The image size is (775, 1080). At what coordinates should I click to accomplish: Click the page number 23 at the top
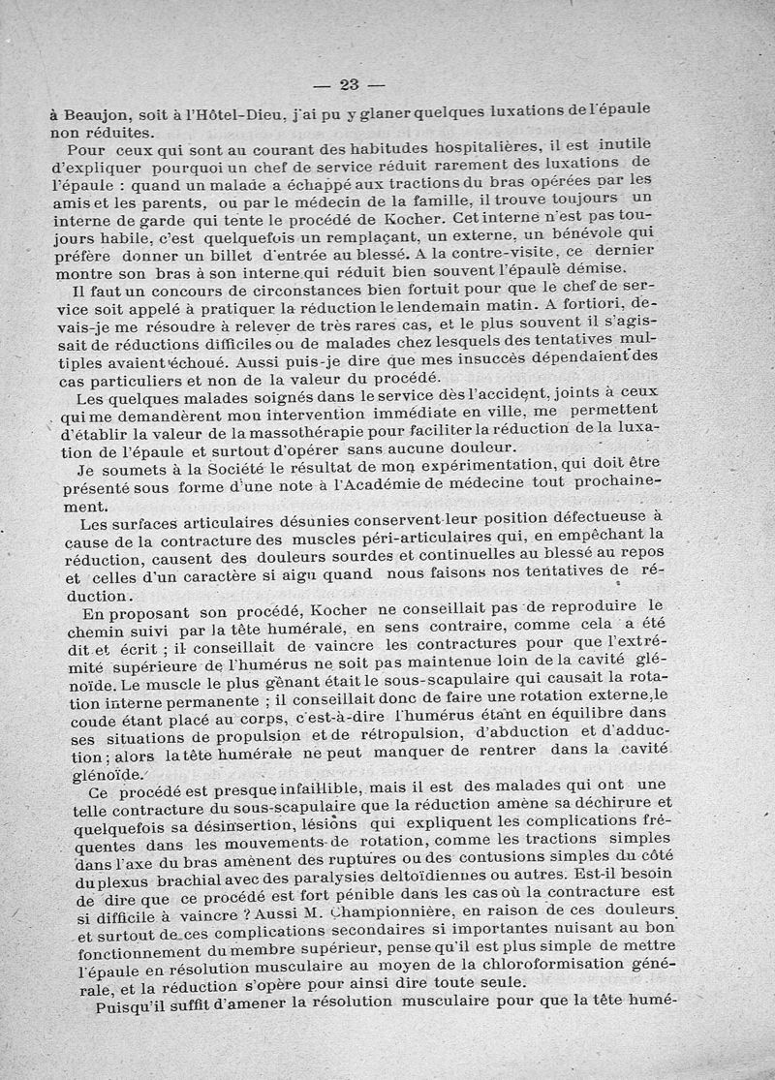click(x=350, y=83)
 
